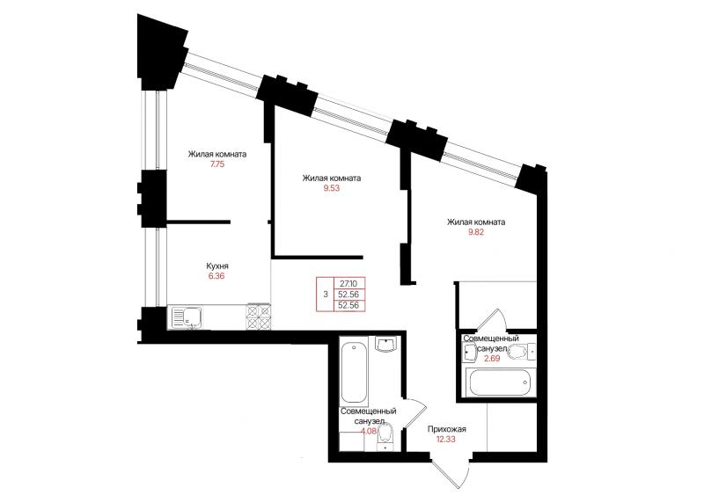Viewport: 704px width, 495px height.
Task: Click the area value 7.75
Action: pos(216,164)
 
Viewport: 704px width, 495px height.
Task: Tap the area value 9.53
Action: pos(332,188)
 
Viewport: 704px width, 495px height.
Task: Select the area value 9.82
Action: pos(476,232)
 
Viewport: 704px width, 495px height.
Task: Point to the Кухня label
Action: pos(217,266)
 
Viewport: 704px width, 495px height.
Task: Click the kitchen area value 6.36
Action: pos(216,276)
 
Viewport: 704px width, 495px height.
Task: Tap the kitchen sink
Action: pos(186,317)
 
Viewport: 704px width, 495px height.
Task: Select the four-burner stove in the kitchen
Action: pos(259,317)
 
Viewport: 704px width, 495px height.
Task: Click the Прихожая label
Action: pos(447,429)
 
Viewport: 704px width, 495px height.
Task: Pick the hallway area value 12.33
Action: pos(446,439)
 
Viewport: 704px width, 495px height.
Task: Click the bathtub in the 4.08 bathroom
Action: pos(355,373)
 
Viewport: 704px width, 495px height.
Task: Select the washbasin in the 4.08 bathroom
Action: pos(385,345)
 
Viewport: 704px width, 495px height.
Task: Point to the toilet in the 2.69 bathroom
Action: pos(522,352)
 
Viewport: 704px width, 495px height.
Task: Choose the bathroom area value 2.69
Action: pos(492,358)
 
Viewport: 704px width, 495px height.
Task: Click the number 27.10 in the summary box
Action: pos(348,283)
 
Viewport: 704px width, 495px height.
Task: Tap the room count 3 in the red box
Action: pos(326,295)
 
